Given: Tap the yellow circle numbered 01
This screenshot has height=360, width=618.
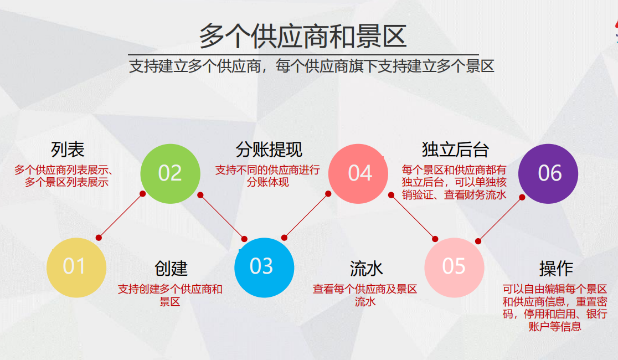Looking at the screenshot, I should pos(76,266).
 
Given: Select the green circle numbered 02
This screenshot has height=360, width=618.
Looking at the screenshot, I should pos(169,173).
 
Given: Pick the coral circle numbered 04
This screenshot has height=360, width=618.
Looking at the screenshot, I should pos(358,173).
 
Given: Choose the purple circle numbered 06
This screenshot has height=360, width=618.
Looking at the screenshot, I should pos(548,173).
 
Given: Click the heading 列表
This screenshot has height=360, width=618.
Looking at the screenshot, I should pos(68,149).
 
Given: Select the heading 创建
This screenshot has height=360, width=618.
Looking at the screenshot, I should pos(171,269).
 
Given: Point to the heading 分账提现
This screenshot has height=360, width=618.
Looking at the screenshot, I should pos(269,149).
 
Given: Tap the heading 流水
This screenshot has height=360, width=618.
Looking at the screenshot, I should pos(366,269).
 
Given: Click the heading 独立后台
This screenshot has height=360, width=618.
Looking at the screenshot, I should pos(455,149).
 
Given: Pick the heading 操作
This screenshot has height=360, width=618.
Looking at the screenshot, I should pos(555,269).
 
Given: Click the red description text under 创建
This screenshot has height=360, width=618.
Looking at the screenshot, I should pos(170,295).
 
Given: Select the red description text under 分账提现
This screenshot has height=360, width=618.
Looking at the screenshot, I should pos(267,176).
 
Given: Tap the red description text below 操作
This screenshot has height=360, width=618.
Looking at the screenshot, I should pos(555,307).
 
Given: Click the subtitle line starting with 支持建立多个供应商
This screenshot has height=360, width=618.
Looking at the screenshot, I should pos(311,67).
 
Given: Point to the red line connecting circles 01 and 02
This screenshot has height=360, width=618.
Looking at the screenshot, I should pos(121,215).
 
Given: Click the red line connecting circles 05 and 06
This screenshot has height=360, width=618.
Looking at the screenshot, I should pos(500,218).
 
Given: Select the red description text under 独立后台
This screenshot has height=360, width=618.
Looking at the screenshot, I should pos(454,182).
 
